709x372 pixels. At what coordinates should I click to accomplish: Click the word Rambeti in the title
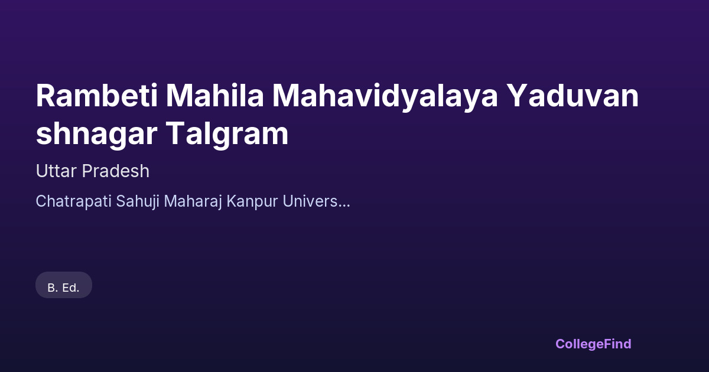click(x=96, y=96)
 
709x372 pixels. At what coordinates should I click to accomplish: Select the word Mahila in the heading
click(x=214, y=96)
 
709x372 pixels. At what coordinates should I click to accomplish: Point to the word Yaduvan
click(x=574, y=96)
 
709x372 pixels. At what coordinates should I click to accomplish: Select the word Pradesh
click(x=116, y=171)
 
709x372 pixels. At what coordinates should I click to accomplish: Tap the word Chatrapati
click(x=73, y=201)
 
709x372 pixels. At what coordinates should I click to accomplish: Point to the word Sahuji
click(x=138, y=202)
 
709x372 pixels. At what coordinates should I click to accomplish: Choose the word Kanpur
click(x=252, y=202)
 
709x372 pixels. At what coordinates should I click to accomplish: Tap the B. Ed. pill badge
click(x=64, y=285)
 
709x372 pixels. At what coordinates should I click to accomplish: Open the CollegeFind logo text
click(x=593, y=344)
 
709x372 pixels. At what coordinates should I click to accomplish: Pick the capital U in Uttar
click(x=43, y=171)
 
